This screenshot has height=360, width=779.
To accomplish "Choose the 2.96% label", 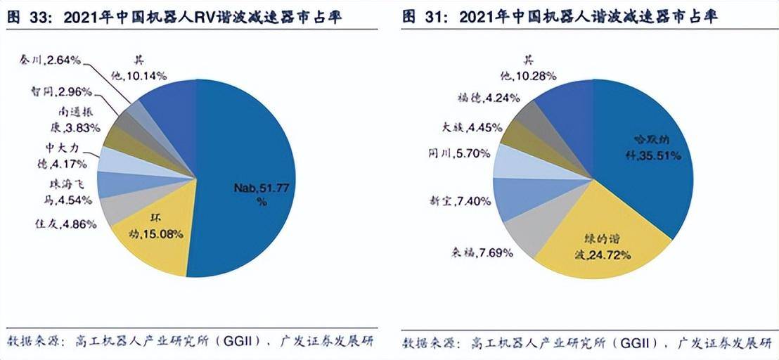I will coord(56,91).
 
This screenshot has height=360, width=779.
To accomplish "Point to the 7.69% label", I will coord(482,252).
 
